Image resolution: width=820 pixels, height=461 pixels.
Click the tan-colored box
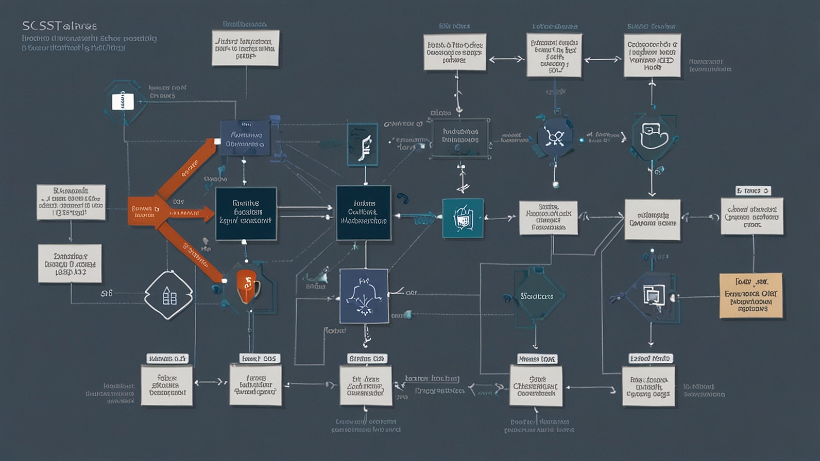click(x=751, y=295)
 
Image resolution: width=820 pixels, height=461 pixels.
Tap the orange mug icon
click(x=248, y=286)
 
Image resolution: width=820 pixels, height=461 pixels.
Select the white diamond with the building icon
click(x=168, y=295)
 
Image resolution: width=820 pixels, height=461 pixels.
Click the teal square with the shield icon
click(x=463, y=218)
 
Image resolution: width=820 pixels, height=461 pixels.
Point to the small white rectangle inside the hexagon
click(x=123, y=101)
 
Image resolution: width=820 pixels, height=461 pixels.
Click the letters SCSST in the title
click(x=41, y=26)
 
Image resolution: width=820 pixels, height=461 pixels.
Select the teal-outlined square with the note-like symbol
click(x=363, y=145)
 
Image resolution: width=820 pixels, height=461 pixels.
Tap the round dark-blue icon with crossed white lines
click(x=555, y=137)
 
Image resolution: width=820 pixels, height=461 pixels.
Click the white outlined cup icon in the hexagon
click(x=653, y=137)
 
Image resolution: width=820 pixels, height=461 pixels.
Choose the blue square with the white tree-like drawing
click(x=364, y=296)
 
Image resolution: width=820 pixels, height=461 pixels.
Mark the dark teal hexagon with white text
click(x=536, y=296)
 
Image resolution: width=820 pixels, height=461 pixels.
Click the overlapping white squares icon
click(x=653, y=295)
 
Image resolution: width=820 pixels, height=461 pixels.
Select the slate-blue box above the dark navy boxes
click(x=245, y=138)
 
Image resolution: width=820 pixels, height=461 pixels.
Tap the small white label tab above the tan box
click(x=753, y=191)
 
